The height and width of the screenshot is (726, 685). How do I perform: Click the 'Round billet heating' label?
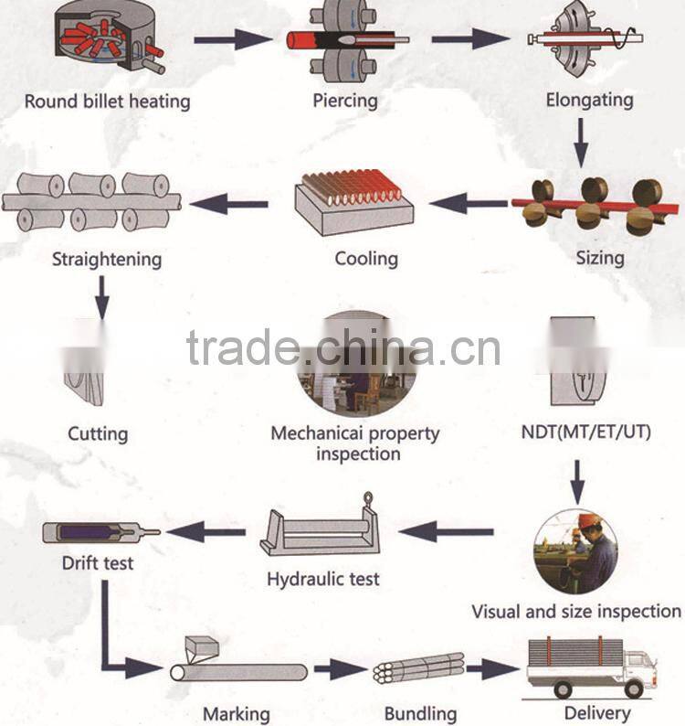tap(107, 100)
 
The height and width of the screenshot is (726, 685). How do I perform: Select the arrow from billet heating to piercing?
tap(233, 39)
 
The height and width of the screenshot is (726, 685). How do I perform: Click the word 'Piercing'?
tap(344, 100)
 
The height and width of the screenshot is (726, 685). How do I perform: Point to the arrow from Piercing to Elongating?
tap(469, 39)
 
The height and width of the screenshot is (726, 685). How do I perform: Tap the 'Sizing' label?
tap(599, 257)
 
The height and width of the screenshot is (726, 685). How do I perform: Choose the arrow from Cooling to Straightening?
tap(229, 202)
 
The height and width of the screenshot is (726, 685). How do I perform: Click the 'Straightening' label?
tap(107, 259)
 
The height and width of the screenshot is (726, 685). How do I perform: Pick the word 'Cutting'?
tap(98, 432)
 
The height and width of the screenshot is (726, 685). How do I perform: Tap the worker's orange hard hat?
tap(588, 520)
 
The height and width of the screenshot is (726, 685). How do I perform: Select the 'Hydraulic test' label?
tap(323, 579)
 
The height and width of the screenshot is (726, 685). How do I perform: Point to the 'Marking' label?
tap(236, 713)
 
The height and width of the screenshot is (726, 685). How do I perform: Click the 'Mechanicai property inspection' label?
tap(355, 443)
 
